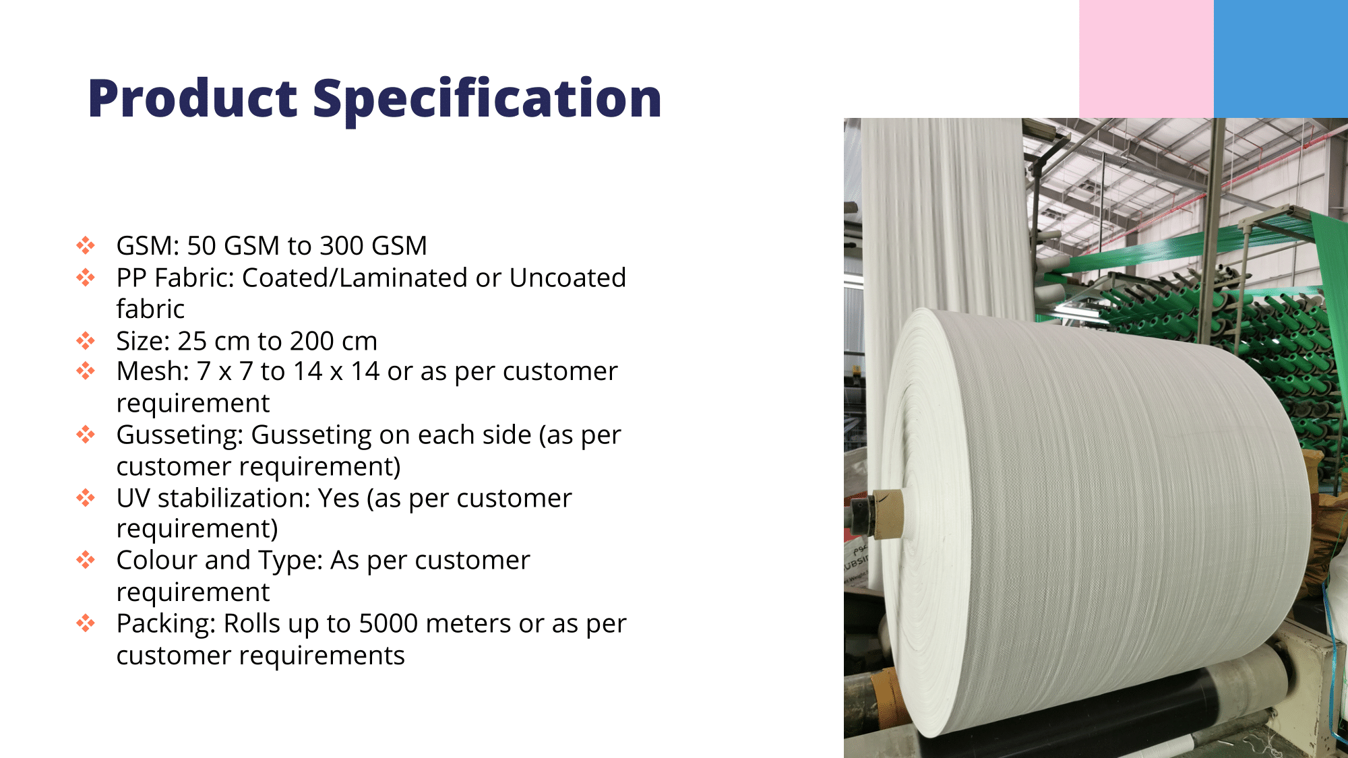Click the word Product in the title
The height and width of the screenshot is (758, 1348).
(193, 98)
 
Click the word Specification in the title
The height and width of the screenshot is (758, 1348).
(488, 100)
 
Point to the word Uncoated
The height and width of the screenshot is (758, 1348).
(568, 278)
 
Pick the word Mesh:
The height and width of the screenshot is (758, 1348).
(153, 371)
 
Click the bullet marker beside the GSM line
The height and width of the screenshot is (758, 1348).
(86, 245)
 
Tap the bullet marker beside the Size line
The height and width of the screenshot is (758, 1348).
(86, 340)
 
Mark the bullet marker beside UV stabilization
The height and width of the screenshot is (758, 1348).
(86, 498)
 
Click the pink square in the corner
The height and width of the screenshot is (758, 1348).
(1146, 59)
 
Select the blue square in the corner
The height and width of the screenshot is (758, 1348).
(1281, 59)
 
